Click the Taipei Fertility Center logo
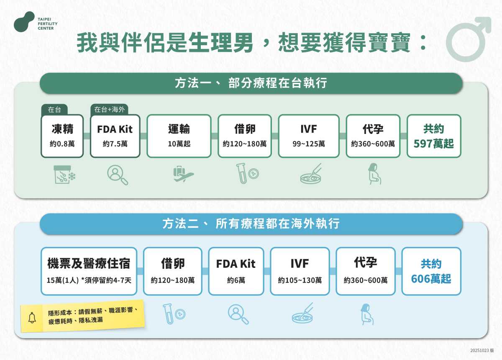[x=24, y=22]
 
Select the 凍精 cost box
[x=62, y=136]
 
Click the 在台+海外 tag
[x=109, y=110]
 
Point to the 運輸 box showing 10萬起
[x=179, y=136]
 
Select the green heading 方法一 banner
[x=251, y=83]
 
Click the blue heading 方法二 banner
[x=251, y=224]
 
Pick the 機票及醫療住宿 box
[x=89, y=271]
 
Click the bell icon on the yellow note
[x=32, y=318]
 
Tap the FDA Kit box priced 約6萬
[x=236, y=271]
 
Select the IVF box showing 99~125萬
[x=309, y=136]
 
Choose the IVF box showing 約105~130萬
[x=300, y=271]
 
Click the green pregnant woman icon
[x=373, y=174]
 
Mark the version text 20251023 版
[x=482, y=350]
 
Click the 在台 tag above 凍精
[x=54, y=110]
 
